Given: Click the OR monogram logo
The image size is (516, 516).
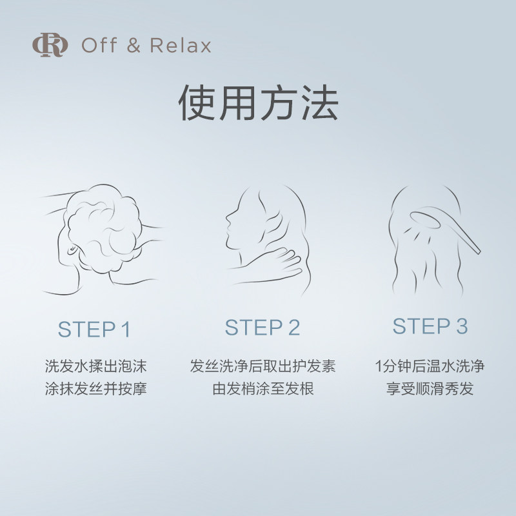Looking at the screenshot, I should click(x=50, y=46).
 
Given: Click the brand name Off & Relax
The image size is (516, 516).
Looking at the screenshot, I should click(x=146, y=46).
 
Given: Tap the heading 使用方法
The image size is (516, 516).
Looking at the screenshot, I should click(x=258, y=104).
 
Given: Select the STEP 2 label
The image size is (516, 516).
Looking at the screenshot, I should click(x=263, y=327).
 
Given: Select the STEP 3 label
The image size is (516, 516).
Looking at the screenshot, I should click(x=430, y=326).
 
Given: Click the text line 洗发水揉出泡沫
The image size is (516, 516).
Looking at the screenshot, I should click(x=95, y=367).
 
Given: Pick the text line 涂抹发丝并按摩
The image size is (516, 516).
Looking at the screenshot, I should click(x=95, y=390).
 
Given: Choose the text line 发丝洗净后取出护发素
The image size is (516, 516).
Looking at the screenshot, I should click(x=263, y=367).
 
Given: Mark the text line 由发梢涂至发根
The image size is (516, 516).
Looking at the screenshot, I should click(x=263, y=390).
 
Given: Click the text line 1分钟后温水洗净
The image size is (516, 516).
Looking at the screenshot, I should click(x=430, y=367).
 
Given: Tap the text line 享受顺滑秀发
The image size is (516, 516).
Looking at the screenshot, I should click(x=430, y=390).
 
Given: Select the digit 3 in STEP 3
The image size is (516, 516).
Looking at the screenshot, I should click(x=461, y=326).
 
